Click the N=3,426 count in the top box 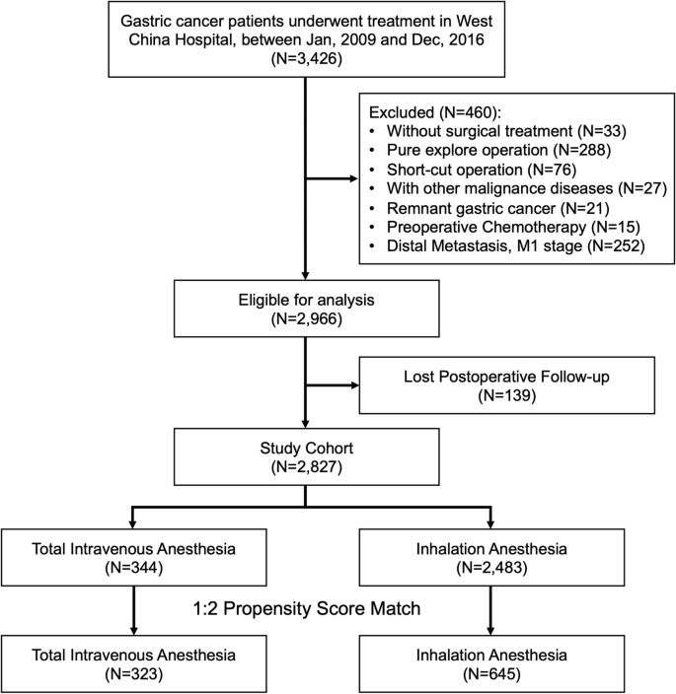click(x=307, y=59)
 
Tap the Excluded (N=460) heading click(x=435, y=112)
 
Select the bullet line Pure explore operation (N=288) click(x=498, y=150)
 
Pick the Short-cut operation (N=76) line click(x=482, y=170)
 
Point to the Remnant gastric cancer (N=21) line click(x=498, y=208)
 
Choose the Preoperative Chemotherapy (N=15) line click(x=513, y=227)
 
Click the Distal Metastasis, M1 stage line click(x=516, y=245)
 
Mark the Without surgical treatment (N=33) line click(x=506, y=131)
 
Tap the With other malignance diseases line click(x=527, y=188)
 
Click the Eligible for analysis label click(x=307, y=300)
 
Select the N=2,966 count click(x=307, y=318)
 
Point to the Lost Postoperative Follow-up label click(x=507, y=377)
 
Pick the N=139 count click(x=507, y=395)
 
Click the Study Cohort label click(x=307, y=448)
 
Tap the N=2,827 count click(x=307, y=467)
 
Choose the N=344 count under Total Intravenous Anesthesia click(x=134, y=568)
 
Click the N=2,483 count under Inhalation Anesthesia click(x=491, y=568)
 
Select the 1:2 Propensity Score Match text click(x=307, y=608)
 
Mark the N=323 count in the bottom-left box click(x=134, y=673)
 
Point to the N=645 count click(x=491, y=673)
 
